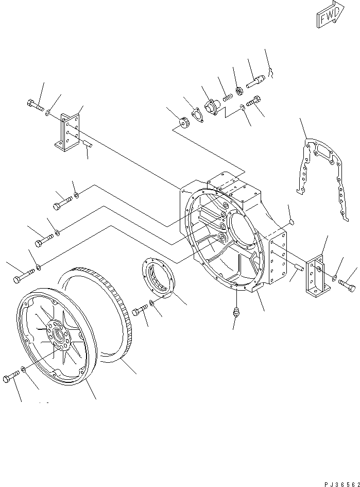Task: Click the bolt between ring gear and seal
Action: pos(140,311)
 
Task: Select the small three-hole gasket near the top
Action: pos(196,115)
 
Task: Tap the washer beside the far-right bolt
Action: pos(335,279)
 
